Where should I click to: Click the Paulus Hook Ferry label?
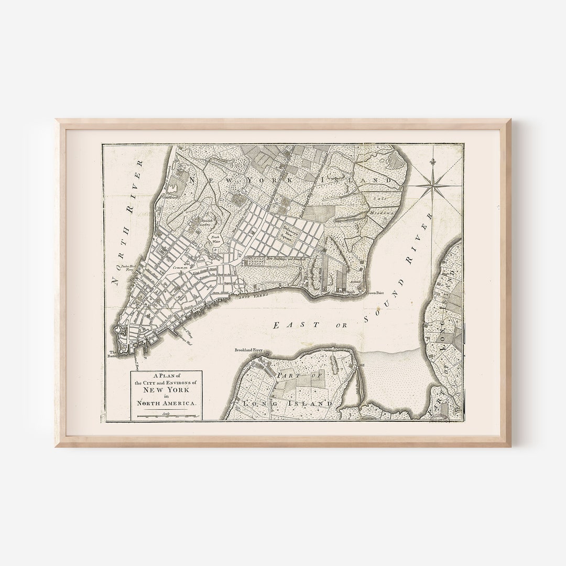click(127, 268)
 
